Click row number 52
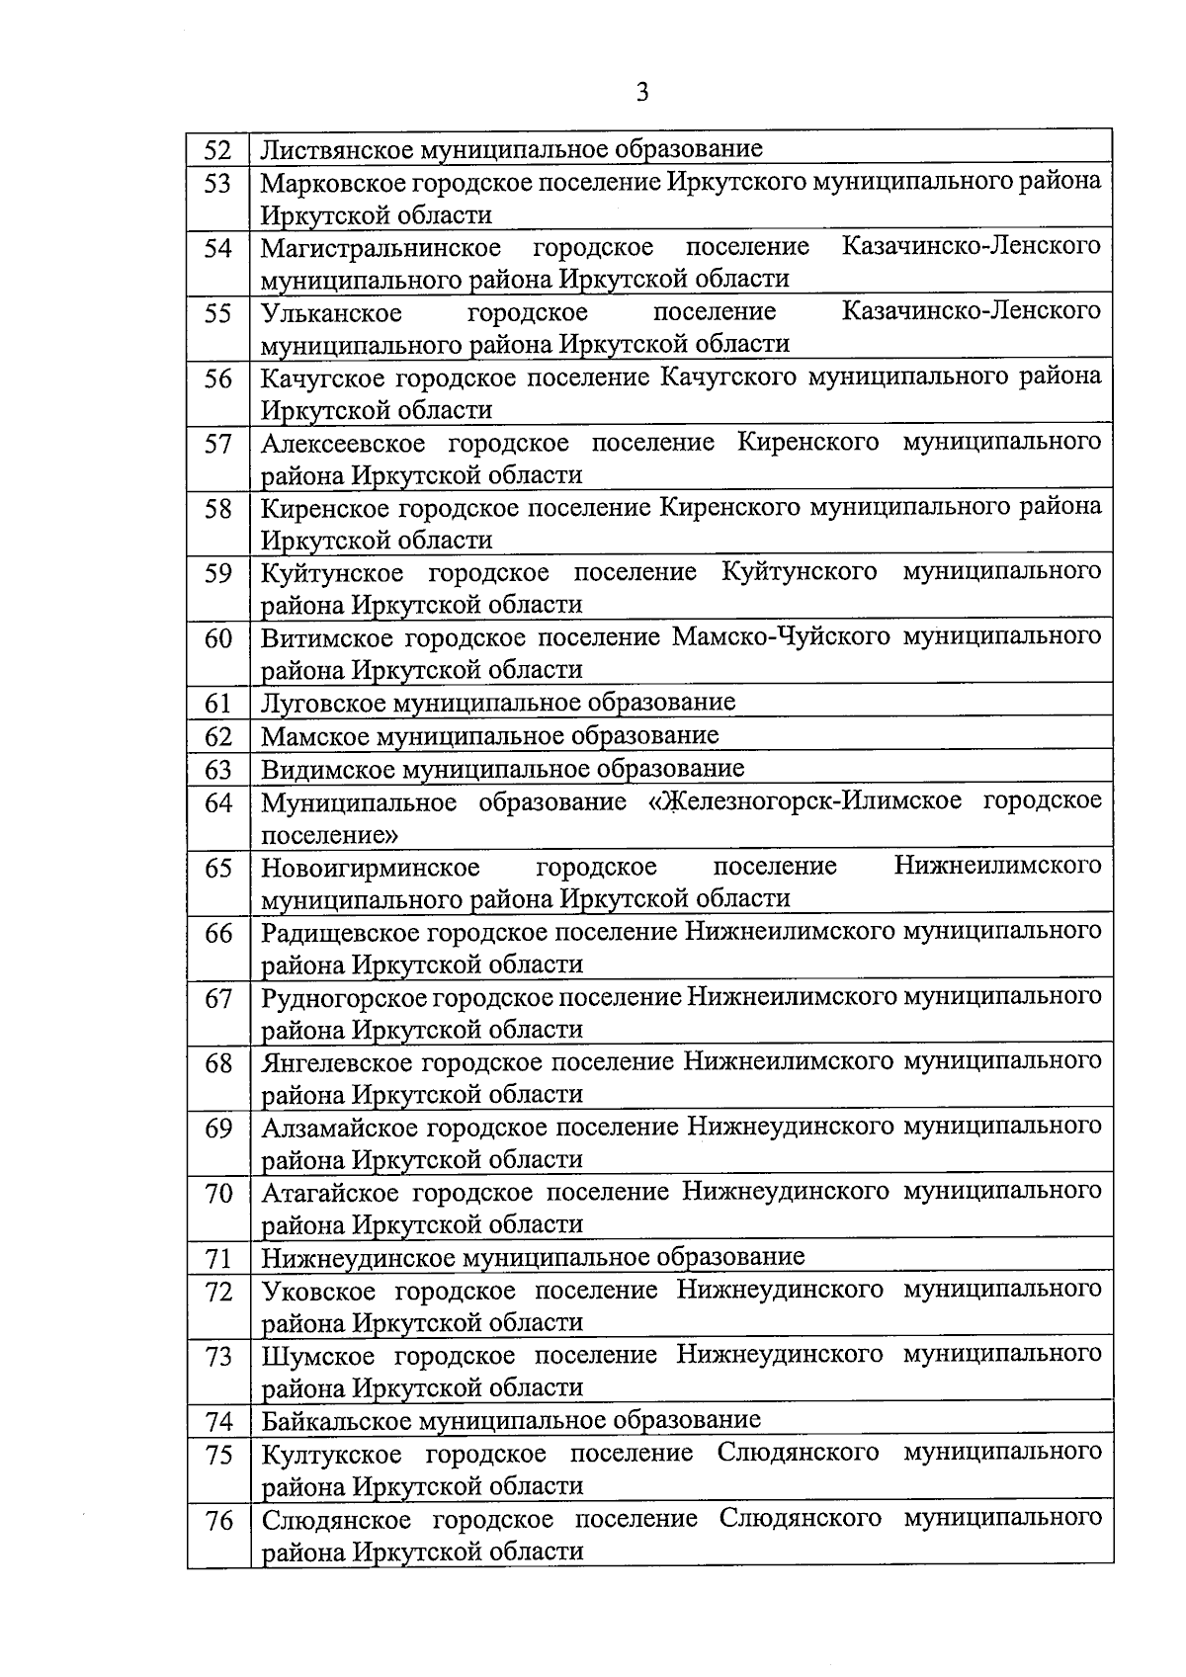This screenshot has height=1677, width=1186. click(217, 150)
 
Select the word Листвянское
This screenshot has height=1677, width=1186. click(336, 149)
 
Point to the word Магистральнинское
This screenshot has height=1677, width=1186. click(381, 247)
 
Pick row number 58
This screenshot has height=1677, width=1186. click(217, 509)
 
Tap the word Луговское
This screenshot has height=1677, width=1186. click(323, 703)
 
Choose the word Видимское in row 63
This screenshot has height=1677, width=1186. click(322, 769)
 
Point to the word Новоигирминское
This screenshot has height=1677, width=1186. click(370, 868)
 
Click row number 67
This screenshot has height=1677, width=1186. click(217, 999)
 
